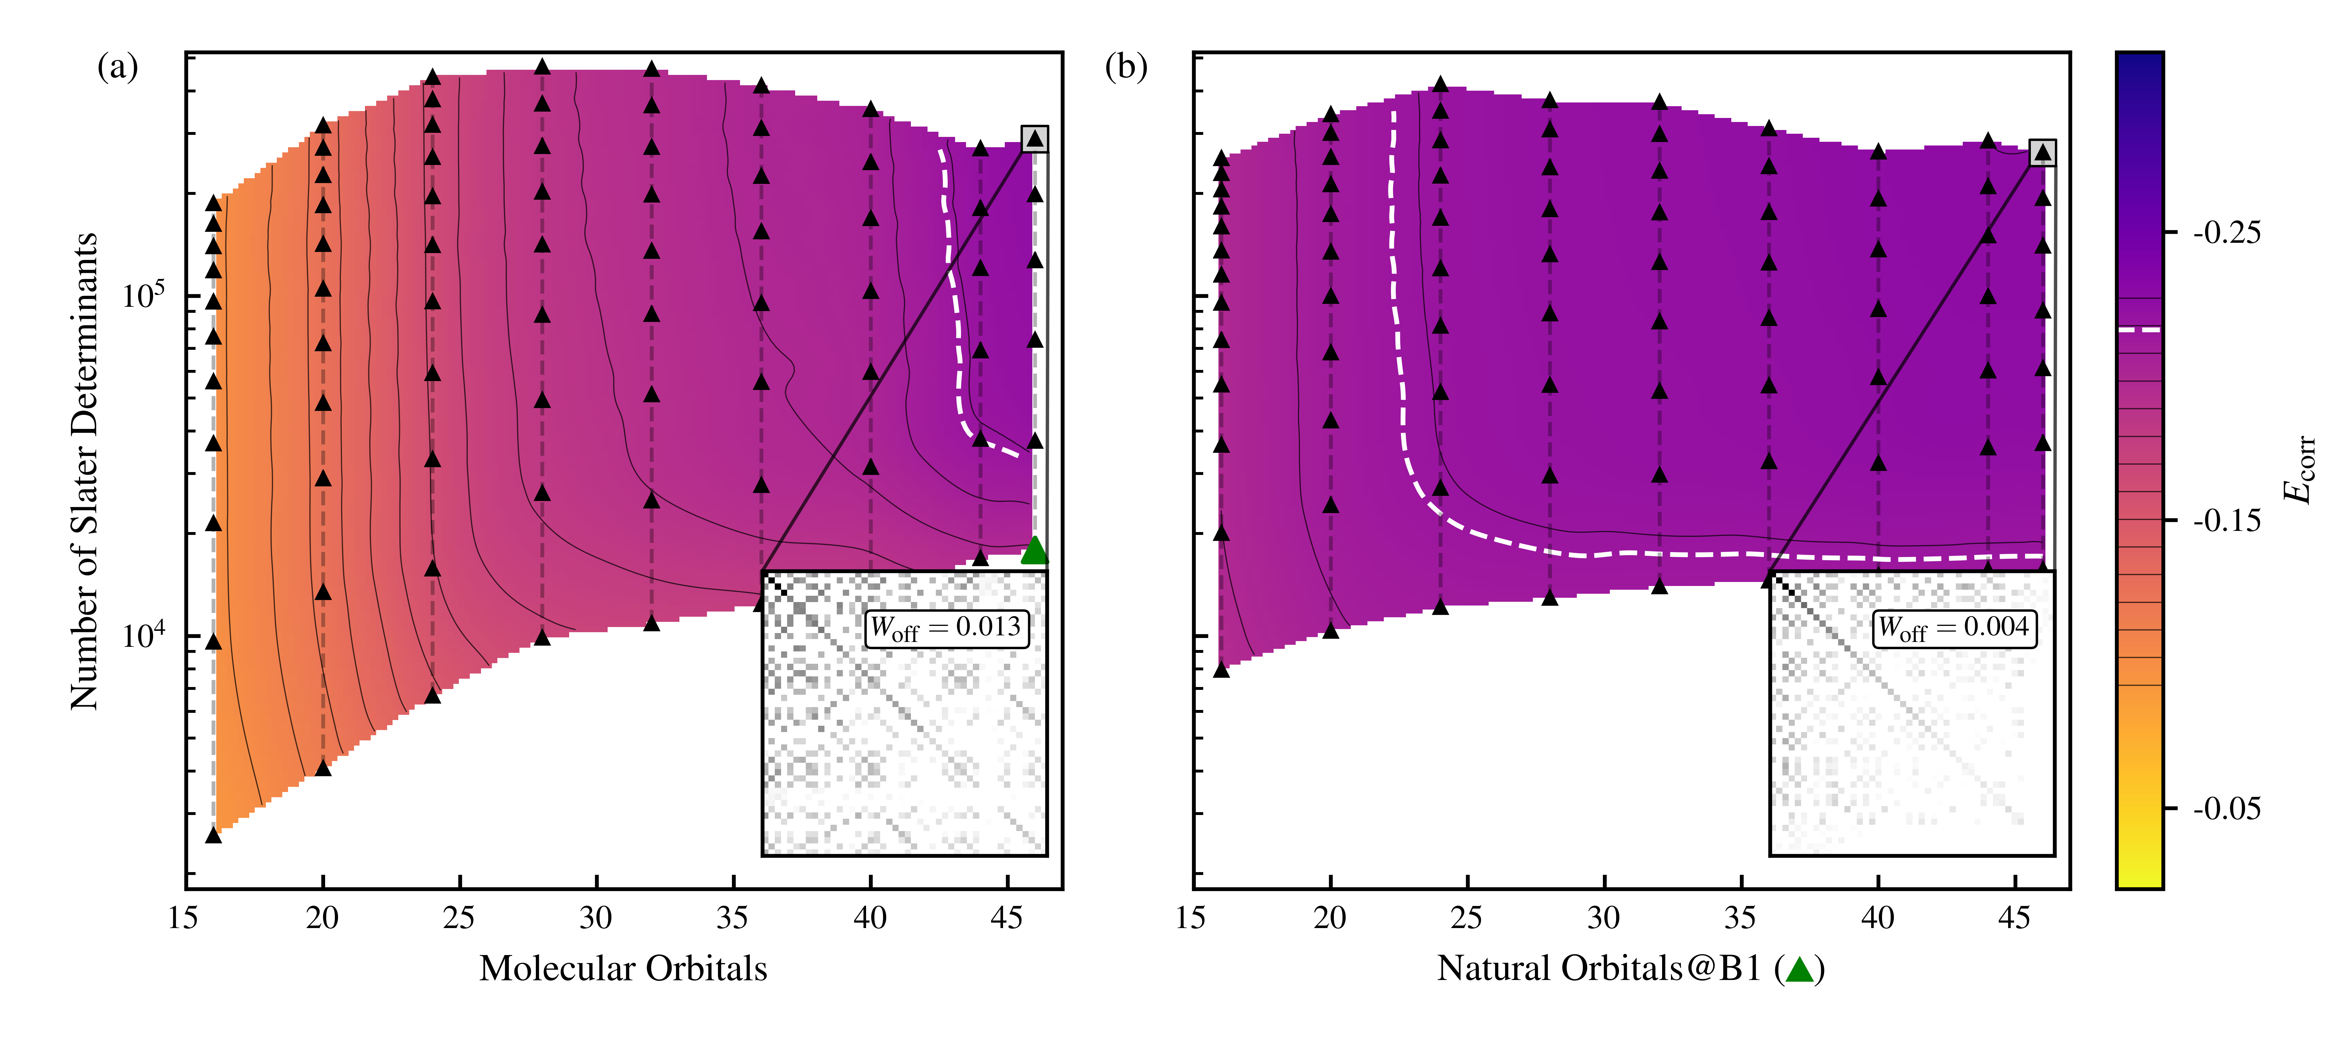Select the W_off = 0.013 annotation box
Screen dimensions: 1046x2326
(945, 627)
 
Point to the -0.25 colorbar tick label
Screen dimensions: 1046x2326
(2227, 233)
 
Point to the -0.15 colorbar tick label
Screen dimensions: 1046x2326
(2227, 521)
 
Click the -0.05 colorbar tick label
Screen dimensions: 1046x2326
(2227, 809)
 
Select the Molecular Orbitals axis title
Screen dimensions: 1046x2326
(623, 969)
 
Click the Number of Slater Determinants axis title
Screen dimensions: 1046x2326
(84, 471)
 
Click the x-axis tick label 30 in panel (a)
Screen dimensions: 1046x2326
(596, 918)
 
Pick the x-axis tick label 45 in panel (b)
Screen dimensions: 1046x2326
(2014, 918)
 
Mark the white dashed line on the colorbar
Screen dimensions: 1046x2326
(2139, 329)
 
